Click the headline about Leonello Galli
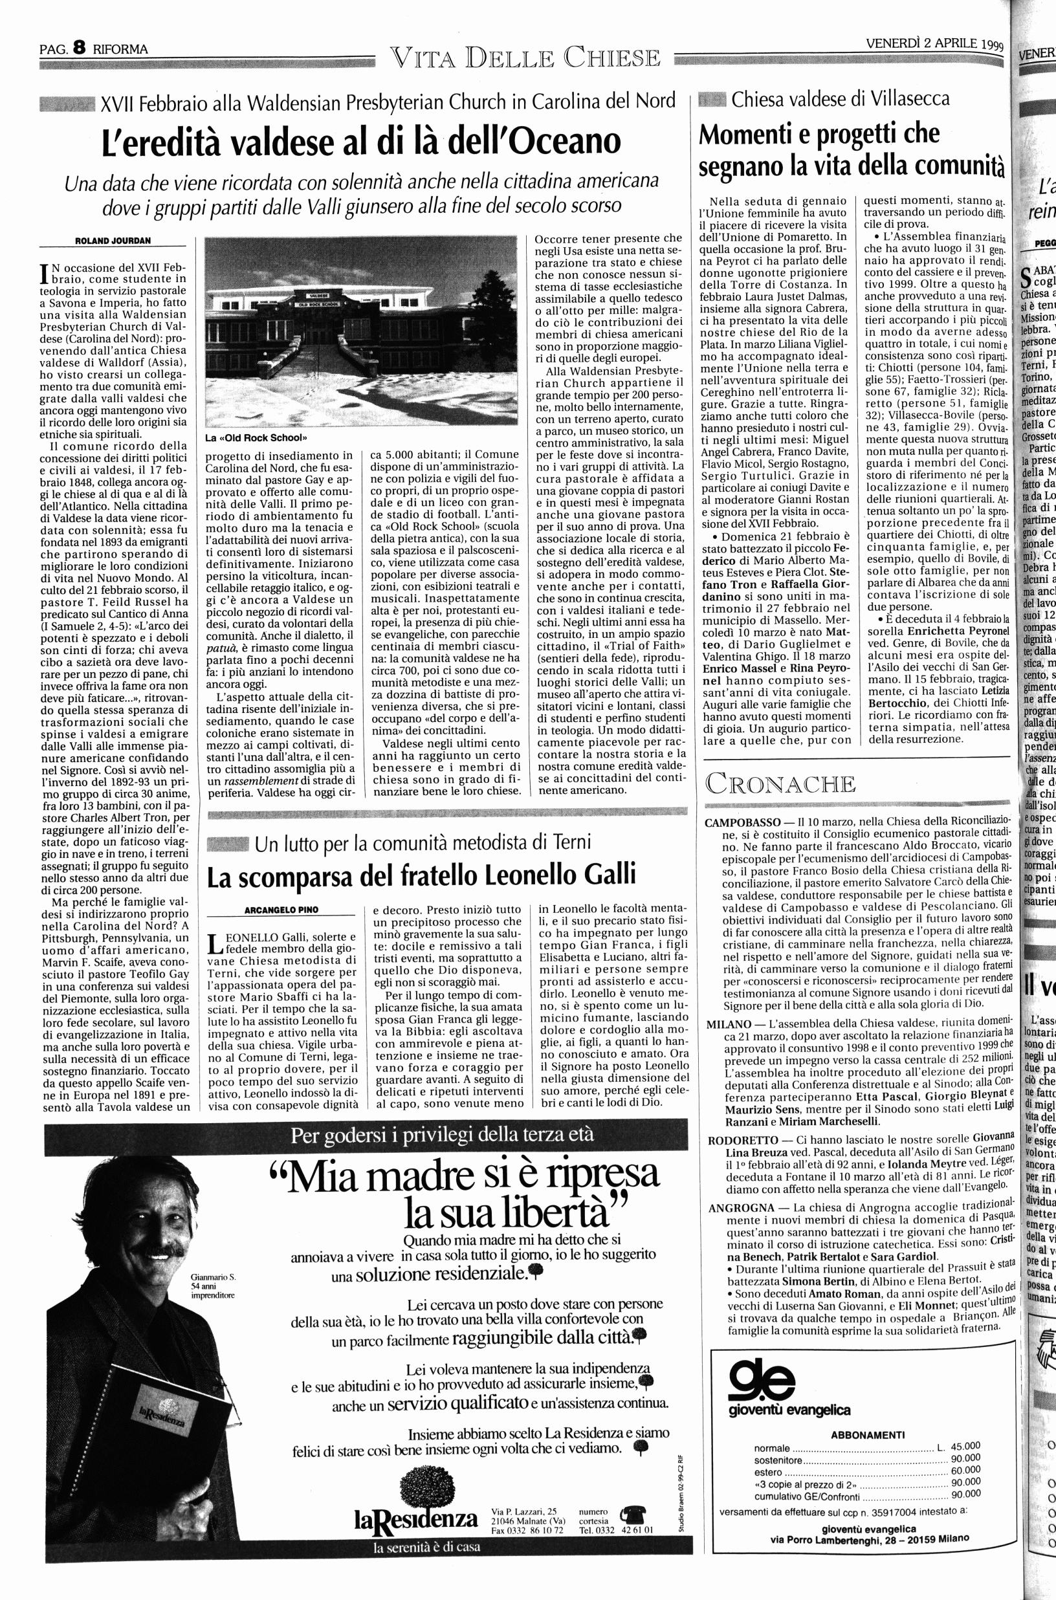tap(421, 875)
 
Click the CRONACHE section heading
tap(780, 785)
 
